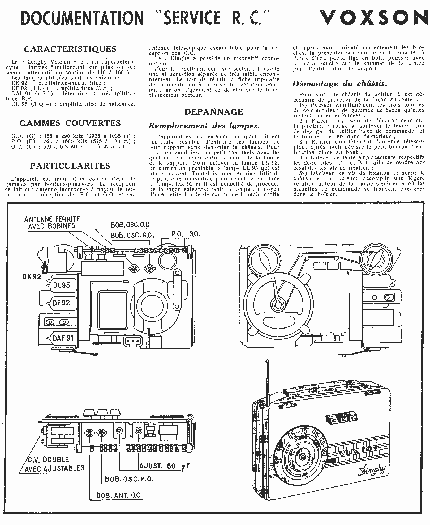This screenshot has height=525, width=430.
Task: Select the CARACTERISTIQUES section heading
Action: (x=70, y=49)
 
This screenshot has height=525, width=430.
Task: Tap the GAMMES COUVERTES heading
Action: (x=70, y=123)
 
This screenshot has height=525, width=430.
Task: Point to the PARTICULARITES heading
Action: (x=70, y=166)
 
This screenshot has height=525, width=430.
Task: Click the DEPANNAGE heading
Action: (x=214, y=112)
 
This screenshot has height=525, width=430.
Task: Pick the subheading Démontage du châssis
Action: (x=340, y=84)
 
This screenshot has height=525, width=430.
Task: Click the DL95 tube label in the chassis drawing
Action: (x=62, y=285)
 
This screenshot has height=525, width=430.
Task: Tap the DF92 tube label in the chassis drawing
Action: (x=61, y=303)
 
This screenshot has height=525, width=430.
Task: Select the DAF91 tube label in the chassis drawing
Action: (x=63, y=338)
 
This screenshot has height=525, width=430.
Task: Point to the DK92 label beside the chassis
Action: (x=32, y=277)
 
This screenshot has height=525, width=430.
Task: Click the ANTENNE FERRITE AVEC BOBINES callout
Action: (x=52, y=223)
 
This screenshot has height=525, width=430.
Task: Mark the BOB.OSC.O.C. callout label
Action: (x=131, y=225)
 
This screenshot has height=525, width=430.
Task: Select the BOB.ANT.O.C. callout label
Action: (x=119, y=495)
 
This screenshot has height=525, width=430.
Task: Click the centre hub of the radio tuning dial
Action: (x=302, y=457)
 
